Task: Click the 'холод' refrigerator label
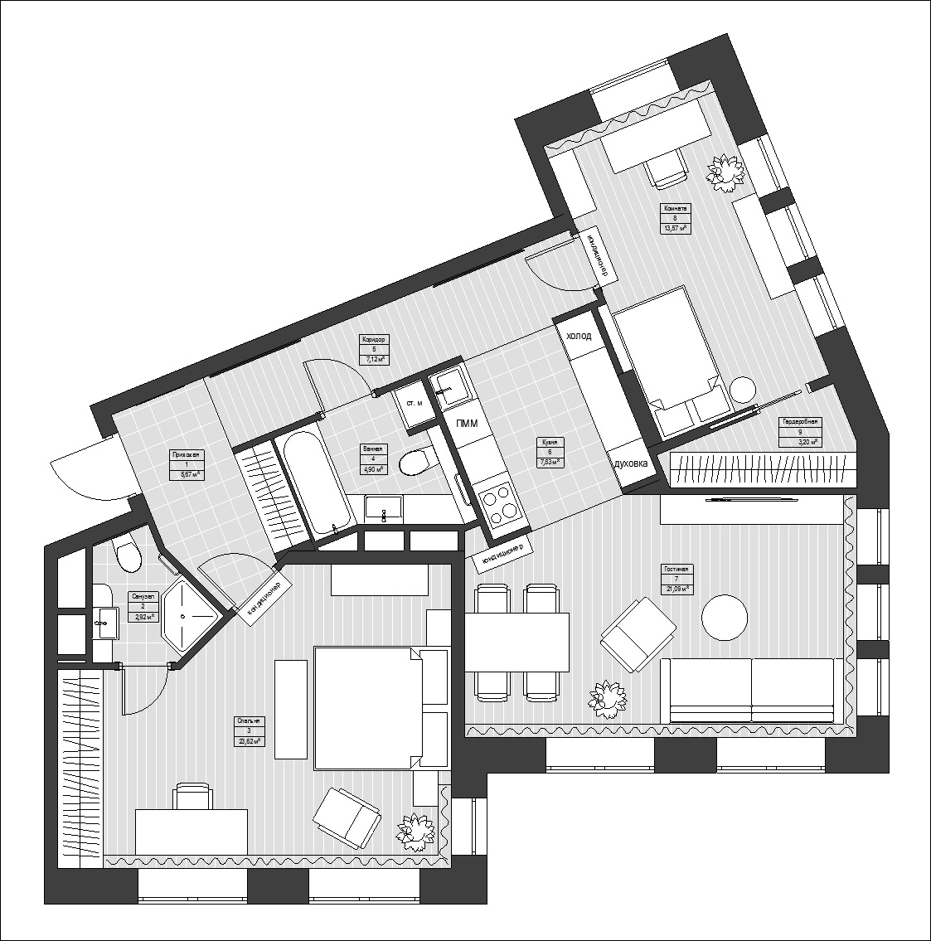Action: coord(579,336)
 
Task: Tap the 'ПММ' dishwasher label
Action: coord(467,423)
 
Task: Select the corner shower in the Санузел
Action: coord(189,616)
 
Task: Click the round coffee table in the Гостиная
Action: coord(725,617)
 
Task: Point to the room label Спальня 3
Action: coord(249,730)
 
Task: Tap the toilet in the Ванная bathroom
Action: coord(415,461)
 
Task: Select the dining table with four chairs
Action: coord(517,642)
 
